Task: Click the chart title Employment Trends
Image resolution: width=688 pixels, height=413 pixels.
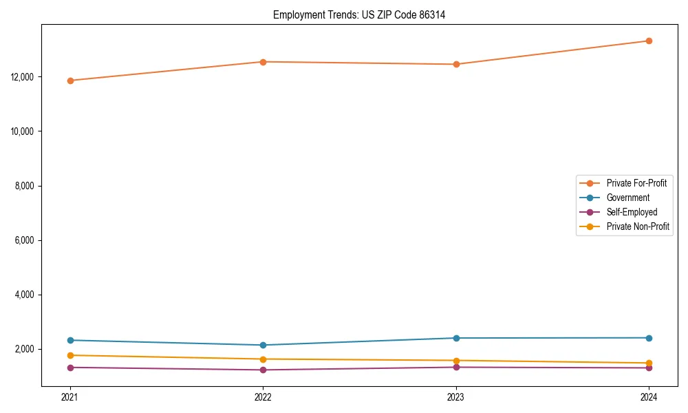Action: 359,14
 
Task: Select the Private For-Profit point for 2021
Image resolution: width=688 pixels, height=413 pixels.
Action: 69,81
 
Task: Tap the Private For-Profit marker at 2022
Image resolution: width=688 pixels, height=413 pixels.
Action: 263,62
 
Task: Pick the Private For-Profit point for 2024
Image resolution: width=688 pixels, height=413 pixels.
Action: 649,41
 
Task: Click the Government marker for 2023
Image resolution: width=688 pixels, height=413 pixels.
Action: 456,338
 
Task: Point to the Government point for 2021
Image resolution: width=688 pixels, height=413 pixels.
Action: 69,340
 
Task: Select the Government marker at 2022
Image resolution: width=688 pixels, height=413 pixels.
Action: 263,345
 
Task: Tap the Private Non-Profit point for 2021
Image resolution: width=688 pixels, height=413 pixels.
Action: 69,355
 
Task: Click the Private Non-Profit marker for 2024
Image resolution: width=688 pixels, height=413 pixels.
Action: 649,363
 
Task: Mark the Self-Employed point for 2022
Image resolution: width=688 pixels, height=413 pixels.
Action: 263,370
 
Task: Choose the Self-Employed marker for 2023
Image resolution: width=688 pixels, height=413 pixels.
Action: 456,367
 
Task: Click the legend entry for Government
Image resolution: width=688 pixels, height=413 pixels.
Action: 627,198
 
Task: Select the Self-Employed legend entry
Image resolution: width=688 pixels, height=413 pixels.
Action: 632,212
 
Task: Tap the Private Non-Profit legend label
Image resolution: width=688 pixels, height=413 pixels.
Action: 638,226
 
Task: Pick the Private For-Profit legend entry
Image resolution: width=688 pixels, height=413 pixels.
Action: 636,183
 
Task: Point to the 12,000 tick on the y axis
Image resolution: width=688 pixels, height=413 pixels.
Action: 23,76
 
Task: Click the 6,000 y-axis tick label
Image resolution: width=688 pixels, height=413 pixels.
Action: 25,240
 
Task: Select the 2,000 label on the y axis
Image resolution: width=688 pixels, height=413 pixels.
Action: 25,349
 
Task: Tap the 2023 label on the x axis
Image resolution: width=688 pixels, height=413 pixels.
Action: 456,396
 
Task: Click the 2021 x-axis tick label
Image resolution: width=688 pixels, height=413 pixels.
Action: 69,396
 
